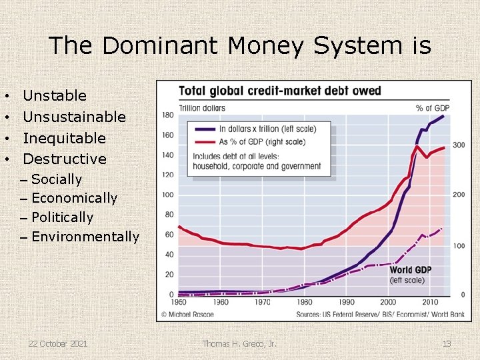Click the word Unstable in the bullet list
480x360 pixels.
click(x=55, y=96)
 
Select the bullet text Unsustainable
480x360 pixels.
click(x=74, y=117)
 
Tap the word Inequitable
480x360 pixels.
click(x=64, y=139)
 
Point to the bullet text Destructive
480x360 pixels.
click(x=65, y=159)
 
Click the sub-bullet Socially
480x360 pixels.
click(x=56, y=179)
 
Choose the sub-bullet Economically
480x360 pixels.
click(x=73, y=198)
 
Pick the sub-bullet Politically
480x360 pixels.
click(x=62, y=217)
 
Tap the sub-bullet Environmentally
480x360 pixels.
click(x=85, y=237)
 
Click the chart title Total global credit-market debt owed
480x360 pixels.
click(x=279, y=91)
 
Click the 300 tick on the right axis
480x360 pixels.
click(x=459, y=145)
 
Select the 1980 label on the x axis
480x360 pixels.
click(x=304, y=302)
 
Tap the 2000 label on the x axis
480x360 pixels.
click(x=387, y=302)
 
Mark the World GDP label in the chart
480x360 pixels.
click(x=410, y=270)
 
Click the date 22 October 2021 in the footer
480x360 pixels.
click(x=57, y=343)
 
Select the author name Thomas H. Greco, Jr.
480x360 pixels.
click(x=240, y=343)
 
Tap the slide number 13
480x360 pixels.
click(x=447, y=343)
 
